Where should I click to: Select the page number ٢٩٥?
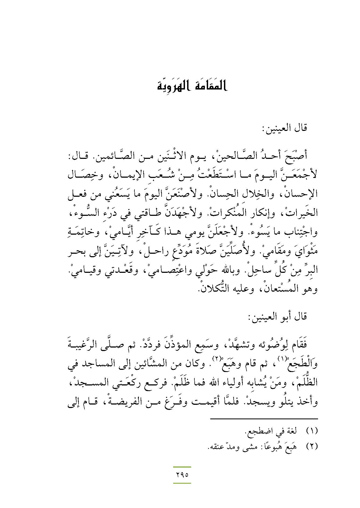[182, 474]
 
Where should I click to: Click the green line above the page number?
[182, 467]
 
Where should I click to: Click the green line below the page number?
[182, 483]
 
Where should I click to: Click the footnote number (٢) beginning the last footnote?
[312, 446]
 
